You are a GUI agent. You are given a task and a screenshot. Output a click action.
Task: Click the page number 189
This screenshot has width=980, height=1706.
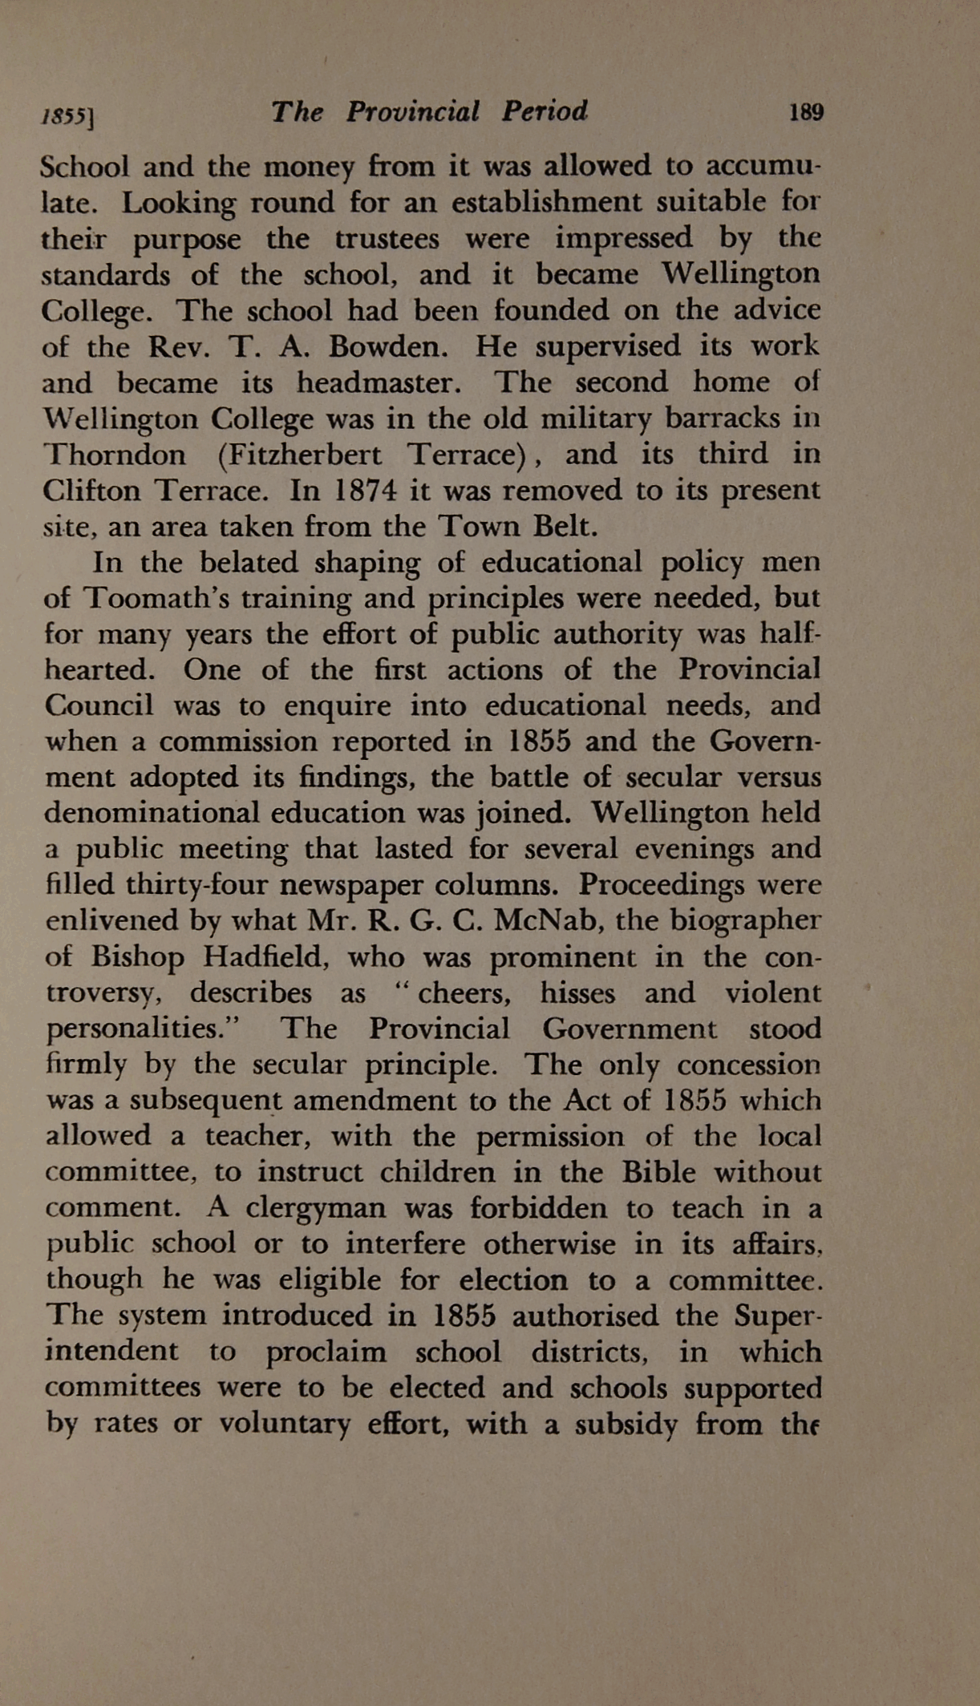pyautogui.click(x=806, y=112)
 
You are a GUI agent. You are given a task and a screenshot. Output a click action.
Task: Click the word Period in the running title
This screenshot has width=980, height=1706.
pyautogui.click(x=545, y=111)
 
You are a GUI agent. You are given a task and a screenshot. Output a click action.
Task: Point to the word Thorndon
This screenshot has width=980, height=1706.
pyautogui.click(x=115, y=455)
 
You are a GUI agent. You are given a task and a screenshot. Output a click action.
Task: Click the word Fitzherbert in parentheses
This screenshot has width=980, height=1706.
pyautogui.click(x=299, y=455)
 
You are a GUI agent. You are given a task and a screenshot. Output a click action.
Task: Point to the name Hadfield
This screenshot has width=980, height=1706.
pyautogui.click(x=258, y=956)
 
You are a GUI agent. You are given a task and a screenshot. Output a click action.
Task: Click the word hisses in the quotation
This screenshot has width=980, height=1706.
pyautogui.click(x=577, y=993)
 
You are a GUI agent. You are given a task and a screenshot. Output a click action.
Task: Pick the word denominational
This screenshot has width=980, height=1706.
pyautogui.click(x=152, y=812)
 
